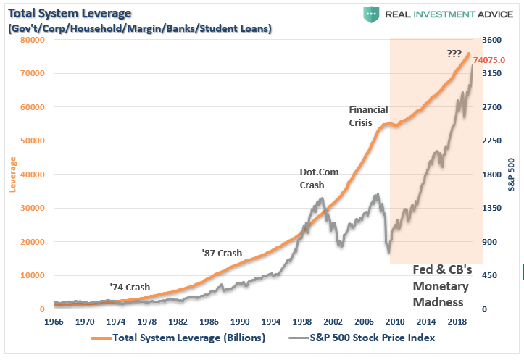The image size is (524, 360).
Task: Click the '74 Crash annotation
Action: coord(130,287)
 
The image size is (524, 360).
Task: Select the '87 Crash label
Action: coord(222,254)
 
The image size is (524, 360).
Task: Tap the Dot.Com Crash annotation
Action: coord(320,178)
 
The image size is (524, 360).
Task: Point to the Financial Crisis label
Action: coord(368,116)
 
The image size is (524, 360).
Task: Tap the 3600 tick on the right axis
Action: coord(492,40)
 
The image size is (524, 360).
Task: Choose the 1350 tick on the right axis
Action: coord(492,209)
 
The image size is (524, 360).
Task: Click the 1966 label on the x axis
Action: coord(54,319)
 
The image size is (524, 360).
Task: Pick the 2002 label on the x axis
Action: coord(333,319)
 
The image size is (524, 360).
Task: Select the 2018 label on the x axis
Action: coord(457,319)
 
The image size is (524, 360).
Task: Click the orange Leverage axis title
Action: coord(12,175)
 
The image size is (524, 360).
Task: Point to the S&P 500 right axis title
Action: coord(512,175)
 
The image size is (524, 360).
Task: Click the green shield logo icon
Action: coord(372,14)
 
